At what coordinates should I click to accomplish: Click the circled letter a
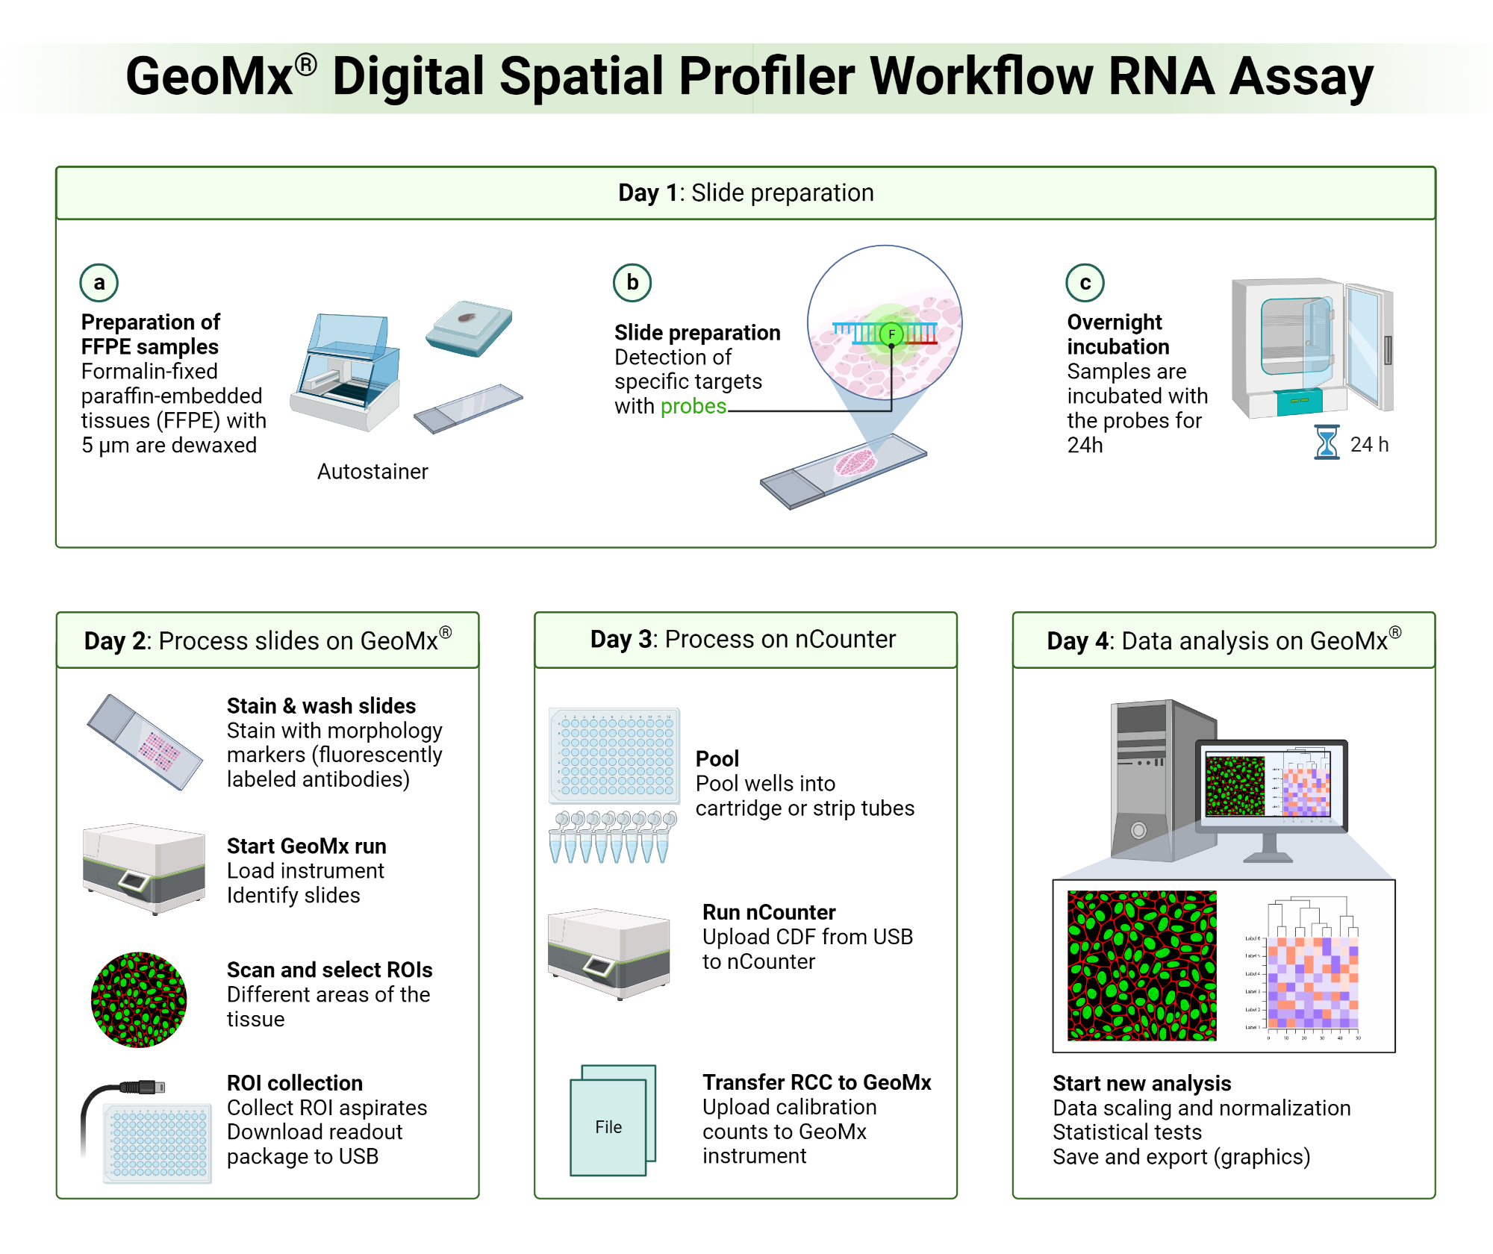[99, 283]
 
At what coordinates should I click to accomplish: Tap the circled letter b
[632, 283]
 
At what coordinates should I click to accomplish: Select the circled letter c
[1085, 283]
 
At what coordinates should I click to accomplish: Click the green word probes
[693, 406]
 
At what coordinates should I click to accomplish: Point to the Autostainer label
[373, 472]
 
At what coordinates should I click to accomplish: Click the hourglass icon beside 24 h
[1327, 443]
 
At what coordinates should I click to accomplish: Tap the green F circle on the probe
[891, 334]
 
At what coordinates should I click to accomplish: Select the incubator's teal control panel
[1299, 402]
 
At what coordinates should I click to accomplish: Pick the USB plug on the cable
[143, 1087]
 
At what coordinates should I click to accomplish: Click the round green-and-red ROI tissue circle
[139, 999]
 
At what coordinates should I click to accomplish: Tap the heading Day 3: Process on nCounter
[743, 640]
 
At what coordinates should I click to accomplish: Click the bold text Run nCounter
[768, 912]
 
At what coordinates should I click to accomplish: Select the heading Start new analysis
[1141, 1083]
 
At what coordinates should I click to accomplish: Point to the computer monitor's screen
[1269, 785]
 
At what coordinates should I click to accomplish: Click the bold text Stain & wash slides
[321, 706]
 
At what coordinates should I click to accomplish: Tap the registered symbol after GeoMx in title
[305, 65]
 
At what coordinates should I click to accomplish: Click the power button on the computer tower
[1138, 830]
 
